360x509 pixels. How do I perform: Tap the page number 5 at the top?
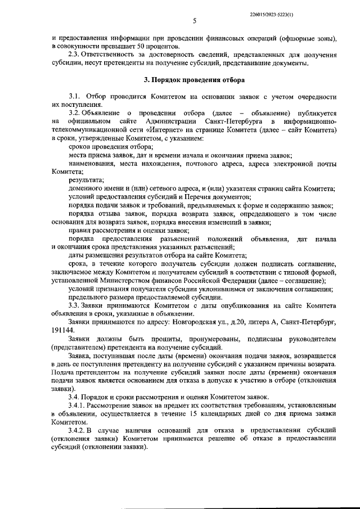(194, 21)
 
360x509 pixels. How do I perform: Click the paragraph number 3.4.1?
(78, 405)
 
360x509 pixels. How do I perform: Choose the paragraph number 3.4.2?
(78, 430)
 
